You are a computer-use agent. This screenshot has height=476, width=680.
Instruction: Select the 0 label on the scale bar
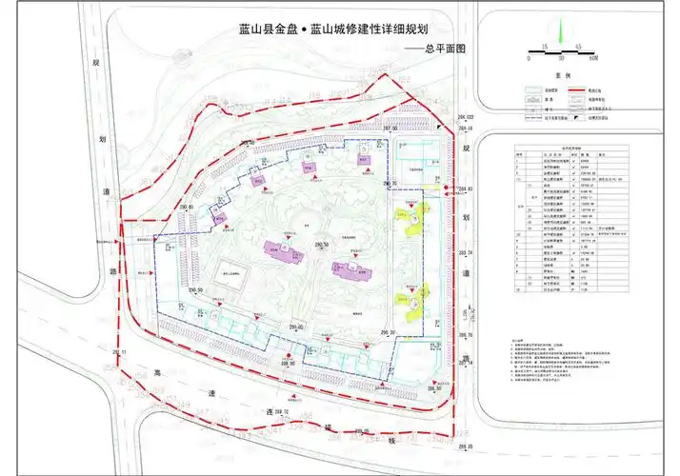coord(527,57)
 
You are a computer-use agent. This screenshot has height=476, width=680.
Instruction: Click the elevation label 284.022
coord(462,117)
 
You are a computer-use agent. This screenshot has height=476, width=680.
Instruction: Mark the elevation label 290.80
coord(185,207)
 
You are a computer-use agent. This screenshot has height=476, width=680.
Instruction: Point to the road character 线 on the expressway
coord(391,440)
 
